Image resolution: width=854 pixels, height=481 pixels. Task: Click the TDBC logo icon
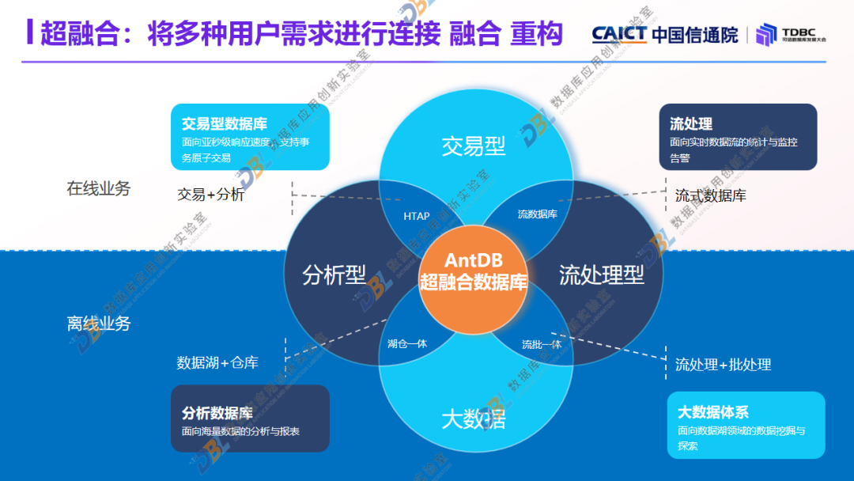[x=766, y=35]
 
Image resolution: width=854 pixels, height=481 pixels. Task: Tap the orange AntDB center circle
[x=474, y=271]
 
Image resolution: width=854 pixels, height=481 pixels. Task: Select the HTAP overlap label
[x=417, y=216]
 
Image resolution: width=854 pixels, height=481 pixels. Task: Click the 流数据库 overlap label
[x=538, y=214]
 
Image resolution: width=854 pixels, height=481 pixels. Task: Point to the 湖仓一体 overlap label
[x=407, y=343]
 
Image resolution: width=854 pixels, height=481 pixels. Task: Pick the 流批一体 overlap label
[x=542, y=344]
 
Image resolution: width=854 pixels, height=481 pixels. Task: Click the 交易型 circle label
[x=474, y=146]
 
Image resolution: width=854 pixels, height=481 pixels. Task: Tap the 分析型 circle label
[x=334, y=275]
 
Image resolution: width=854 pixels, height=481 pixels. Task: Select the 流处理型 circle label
[x=601, y=275]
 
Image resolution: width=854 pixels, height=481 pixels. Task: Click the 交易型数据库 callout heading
[x=225, y=124]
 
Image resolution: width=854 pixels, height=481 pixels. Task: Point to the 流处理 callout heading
[x=691, y=123]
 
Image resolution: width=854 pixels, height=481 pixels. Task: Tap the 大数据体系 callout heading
[x=712, y=411]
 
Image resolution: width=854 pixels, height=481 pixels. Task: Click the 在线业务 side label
[x=99, y=189]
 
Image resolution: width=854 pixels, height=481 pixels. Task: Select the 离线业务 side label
[x=99, y=324]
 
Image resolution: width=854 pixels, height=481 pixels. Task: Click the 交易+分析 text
[x=211, y=194]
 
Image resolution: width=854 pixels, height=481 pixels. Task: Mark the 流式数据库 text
[x=710, y=195]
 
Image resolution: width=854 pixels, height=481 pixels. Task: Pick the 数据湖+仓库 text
[x=217, y=362]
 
